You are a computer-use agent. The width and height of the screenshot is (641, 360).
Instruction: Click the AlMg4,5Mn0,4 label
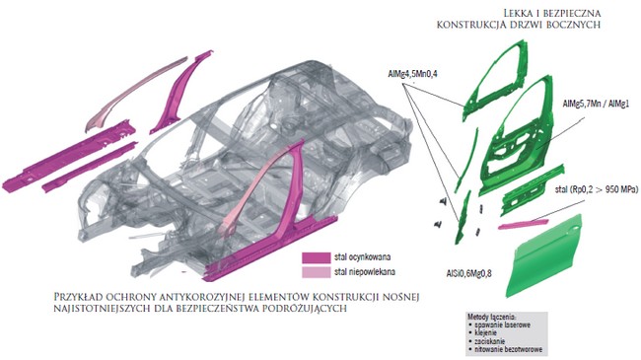tap(412, 74)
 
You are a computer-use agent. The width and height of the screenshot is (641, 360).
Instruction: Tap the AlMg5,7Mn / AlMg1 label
tap(596, 105)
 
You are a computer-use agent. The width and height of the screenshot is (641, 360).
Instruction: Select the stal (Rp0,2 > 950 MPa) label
tap(598, 189)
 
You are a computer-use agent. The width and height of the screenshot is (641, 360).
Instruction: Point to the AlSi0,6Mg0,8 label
tap(468, 273)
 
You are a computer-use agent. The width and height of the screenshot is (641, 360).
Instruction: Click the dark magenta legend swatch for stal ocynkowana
tap(316, 257)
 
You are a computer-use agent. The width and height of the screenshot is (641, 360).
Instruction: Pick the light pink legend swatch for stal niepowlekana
tap(316, 272)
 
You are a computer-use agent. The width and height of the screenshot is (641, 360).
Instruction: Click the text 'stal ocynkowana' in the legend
tap(362, 257)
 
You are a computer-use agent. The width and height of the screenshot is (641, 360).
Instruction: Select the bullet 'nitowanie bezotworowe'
tap(507, 349)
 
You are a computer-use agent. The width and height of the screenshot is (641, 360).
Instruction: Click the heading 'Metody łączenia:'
tap(492, 317)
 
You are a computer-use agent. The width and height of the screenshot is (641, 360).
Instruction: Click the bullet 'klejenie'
tap(485, 333)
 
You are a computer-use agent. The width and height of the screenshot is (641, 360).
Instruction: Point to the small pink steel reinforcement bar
tap(524, 224)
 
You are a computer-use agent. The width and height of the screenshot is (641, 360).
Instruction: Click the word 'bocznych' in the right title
tap(576, 25)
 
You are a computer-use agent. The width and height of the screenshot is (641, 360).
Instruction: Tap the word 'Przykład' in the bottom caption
tap(77, 296)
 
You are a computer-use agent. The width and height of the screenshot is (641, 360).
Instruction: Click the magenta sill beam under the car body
tap(270, 250)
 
